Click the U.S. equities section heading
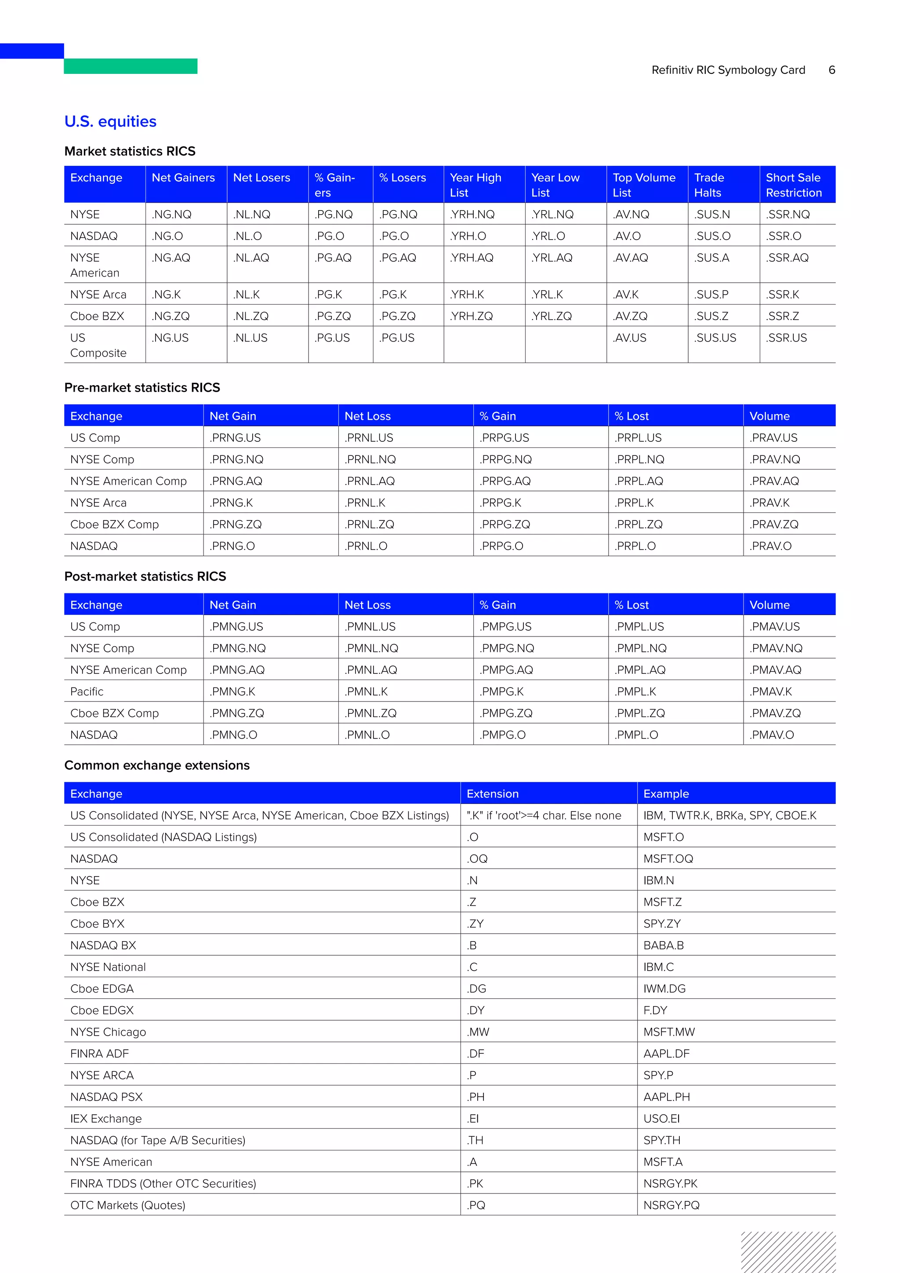pyautogui.click(x=110, y=121)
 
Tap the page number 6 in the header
pyautogui.click(x=831, y=70)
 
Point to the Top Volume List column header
pyautogui.click(x=643, y=185)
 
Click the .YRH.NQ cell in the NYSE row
pyautogui.click(x=472, y=214)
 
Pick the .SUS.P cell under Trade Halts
pyautogui.click(x=711, y=295)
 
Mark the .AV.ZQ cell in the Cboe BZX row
pyautogui.click(x=630, y=316)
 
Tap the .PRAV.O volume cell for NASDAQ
pyautogui.click(x=770, y=546)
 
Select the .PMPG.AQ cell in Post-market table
pyautogui.click(x=506, y=670)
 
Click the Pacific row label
pyautogui.click(x=87, y=691)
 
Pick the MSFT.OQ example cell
pyautogui.click(x=668, y=858)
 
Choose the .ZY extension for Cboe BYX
pyautogui.click(x=475, y=923)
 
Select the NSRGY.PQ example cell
pyautogui.click(x=671, y=1205)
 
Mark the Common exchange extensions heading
pyautogui.click(x=157, y=765)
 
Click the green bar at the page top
pyautogui.click(x=131, y=66)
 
